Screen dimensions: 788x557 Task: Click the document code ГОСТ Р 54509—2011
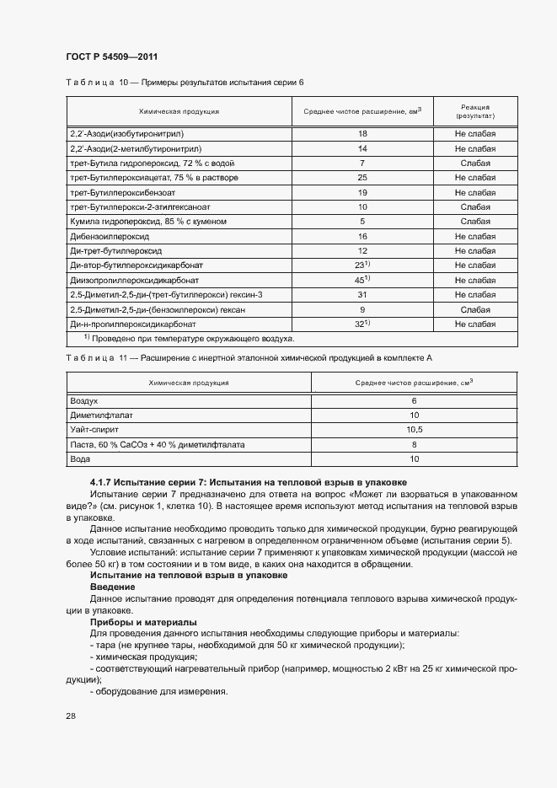point(111,56)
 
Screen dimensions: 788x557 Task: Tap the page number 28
point(69,716)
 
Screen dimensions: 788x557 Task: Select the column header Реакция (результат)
point(476,111)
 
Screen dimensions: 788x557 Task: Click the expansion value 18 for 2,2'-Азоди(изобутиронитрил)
point(362,133)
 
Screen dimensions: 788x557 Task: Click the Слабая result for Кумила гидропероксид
point(476,222)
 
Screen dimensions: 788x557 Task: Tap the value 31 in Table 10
point(362,295)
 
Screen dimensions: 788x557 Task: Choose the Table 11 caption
point(249,358)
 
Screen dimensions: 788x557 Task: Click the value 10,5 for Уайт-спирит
point(414,429)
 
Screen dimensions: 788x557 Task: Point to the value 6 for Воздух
point(414,401)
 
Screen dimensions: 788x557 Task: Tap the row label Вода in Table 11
point(80,458)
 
